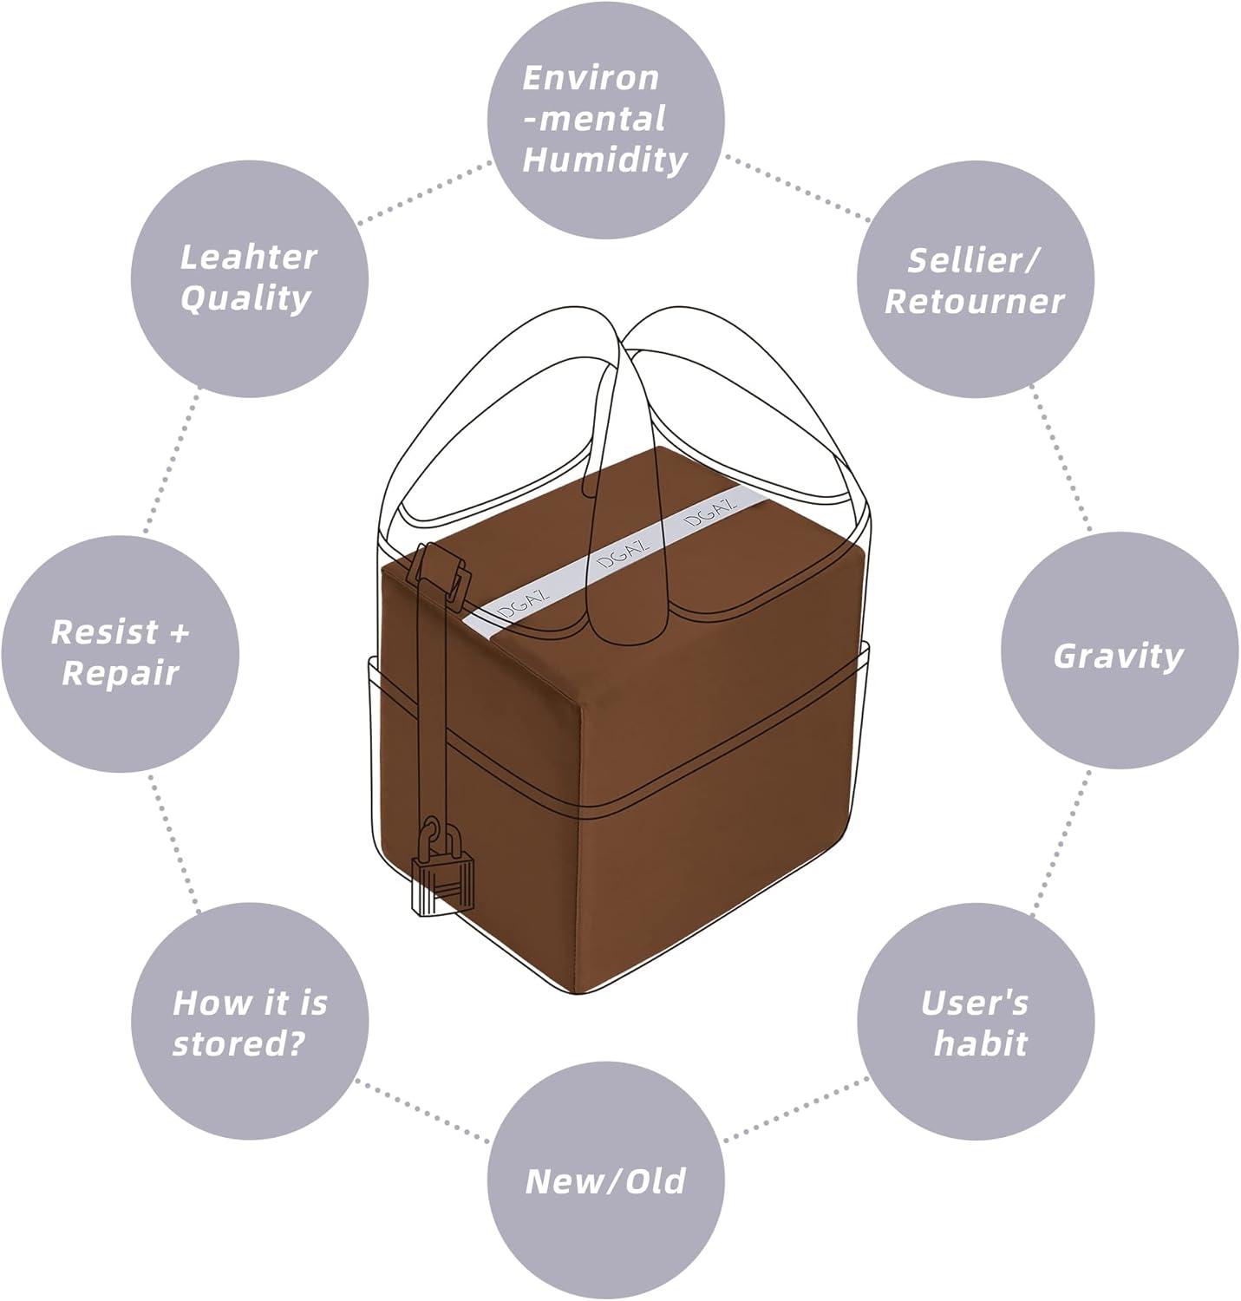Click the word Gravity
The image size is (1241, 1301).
(1118, 656)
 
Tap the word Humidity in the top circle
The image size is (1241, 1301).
(604, 160)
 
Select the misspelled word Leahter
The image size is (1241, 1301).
(248, 257)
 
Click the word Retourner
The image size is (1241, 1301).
(974, 301)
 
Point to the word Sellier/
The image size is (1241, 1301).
(974, 260)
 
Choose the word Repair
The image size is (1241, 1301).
(120, 672)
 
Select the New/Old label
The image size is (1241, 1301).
(605, 1180)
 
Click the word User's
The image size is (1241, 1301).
(974, 1003)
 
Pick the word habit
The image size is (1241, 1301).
(980, 1043)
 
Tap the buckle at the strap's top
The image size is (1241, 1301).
(440, 570)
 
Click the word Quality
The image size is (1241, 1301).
(245, 297)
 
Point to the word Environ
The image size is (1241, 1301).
(591, 78)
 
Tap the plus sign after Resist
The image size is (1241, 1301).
(178, 631)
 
